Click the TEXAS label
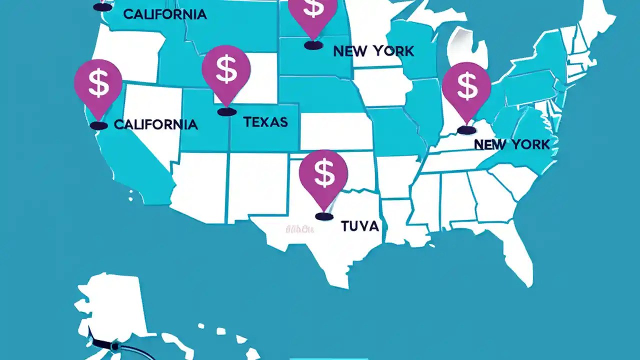coord(265,121)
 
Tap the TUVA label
coord(359,226)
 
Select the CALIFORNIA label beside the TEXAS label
coord(155,124)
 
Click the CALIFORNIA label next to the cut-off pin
coord(164,14)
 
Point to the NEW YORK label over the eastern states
coord(511,144)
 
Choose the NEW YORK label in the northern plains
coord(373,50)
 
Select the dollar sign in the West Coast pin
coord(98,83)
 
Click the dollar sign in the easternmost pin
coord(466,85)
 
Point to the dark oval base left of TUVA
coord(324,216)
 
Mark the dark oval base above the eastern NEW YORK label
coord(466,130)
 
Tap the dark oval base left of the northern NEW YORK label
coord(313,45)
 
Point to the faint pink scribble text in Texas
coord(299,229)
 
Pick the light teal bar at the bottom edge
coord(328,358)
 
